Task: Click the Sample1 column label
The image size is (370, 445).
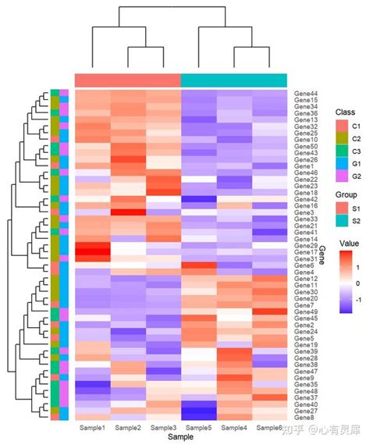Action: pos(92,428)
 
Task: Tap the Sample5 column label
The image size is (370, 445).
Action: pos(199,428)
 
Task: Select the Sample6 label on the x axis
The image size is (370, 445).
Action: pos(270,428)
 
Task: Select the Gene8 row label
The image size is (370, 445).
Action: pos(304,418)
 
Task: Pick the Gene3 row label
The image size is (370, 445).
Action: pos(304,212)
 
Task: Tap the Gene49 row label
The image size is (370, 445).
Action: pos(305,311)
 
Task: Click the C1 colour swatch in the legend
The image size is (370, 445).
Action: pos(340,126)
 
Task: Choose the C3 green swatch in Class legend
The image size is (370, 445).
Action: pos(340,151)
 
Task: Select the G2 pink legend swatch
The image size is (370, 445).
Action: pos(340,176)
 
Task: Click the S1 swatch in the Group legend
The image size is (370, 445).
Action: pos(340,209)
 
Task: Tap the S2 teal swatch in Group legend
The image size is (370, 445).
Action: pos(340,222)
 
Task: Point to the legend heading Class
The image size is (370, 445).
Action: pos(344,112)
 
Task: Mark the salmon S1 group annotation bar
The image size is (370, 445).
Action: pos(127,80)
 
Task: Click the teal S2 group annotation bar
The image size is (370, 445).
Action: pos(233,80)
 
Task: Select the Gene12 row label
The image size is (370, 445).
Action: pos(305,279)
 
